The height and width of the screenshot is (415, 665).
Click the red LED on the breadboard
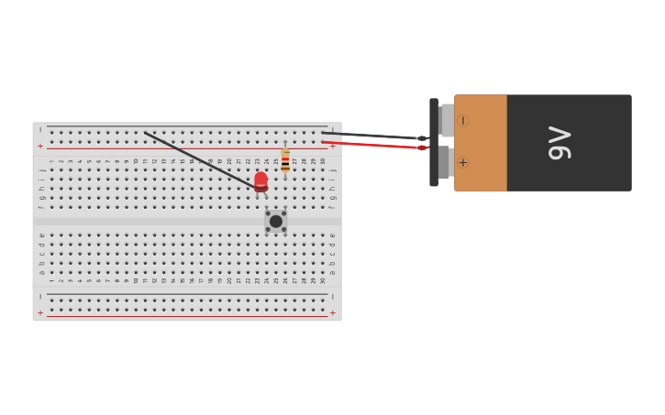pos(261,181)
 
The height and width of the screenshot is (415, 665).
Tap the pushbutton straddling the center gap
pos(275,221)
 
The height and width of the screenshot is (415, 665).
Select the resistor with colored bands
pos(285,161)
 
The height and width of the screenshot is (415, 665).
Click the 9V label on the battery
pos(560,143)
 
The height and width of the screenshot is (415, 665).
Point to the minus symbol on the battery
pos(462,120)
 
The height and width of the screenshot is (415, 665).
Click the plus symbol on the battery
pos(462,163)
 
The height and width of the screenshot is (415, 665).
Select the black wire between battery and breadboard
pos(371,136)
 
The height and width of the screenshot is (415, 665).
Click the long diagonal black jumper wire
pos(200,161)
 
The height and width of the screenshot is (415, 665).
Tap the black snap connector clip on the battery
pos(434,143)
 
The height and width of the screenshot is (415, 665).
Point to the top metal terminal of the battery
pos(447,120)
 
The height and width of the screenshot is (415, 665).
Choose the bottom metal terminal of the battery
pos(444,163)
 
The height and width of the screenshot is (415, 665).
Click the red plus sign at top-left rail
pos(39,146)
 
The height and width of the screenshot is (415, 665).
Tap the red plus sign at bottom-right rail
pos(332,312)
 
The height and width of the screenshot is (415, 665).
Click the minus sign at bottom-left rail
pos(39,297)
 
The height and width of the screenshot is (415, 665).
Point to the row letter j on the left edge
pos(41,170)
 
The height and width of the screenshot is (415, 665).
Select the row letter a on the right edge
pos(332,272)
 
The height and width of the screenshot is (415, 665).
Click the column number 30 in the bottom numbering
pos(322,280)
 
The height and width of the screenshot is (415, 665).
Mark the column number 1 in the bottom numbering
pos(51,280)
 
